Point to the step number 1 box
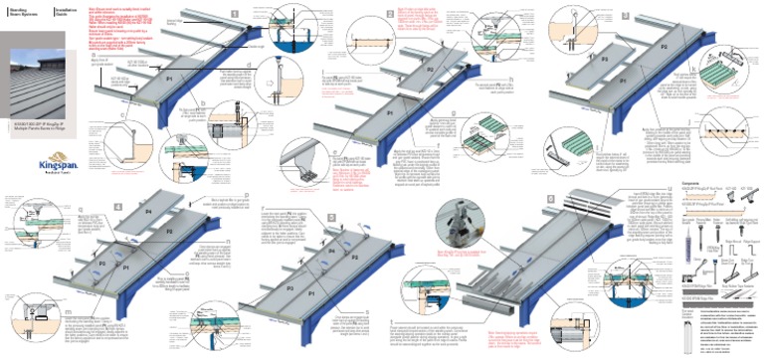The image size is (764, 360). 235,14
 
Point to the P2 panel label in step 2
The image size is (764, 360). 429,72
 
